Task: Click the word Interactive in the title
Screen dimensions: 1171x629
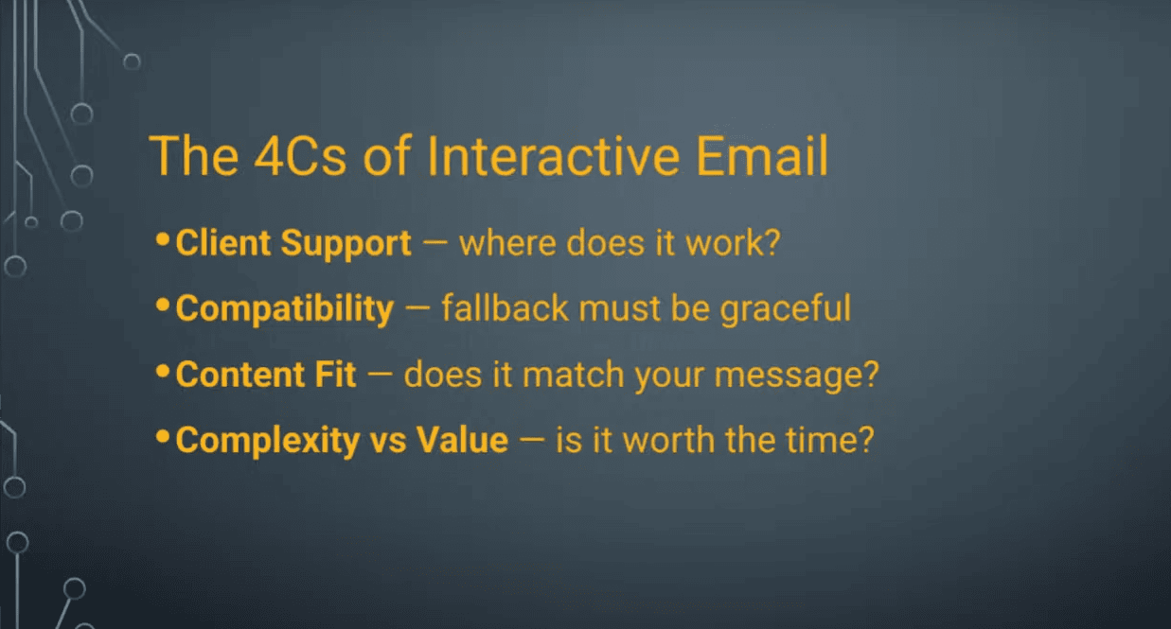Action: pos(554,156)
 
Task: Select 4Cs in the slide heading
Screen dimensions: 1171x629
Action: pos(300,156)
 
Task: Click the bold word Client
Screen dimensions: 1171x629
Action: pos(223,243)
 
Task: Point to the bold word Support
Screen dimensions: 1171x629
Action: pos(346,244)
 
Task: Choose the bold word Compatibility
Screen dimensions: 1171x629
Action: pos(284,309)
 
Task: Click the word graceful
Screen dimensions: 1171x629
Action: pos(786,309)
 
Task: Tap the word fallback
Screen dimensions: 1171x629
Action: pos(505,308)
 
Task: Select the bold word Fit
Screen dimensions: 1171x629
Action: pos(336,374)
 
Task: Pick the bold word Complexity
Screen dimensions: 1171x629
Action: pos(268,441)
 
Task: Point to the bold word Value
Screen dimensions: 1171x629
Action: pos(462,440)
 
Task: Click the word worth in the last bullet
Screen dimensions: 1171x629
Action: pos(669,440)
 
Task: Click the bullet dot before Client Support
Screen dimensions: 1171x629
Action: pos(163,239)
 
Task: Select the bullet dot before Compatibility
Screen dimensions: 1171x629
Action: pos(163,305)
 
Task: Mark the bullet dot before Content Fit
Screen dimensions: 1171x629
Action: pos(163,371)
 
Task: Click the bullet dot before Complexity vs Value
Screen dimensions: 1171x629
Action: pos(163,436)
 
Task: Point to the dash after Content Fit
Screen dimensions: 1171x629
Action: pos(380,374)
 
